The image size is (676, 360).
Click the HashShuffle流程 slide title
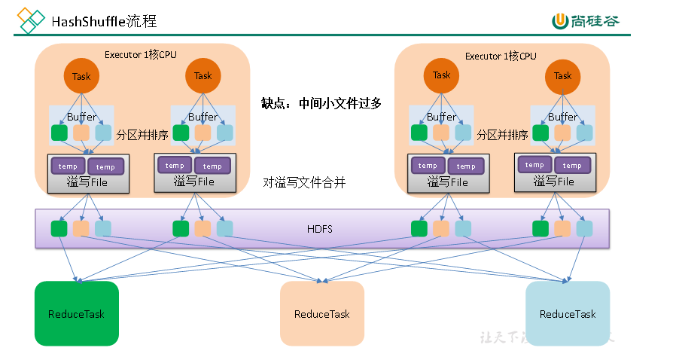pyautogui.click(x=104, y=21)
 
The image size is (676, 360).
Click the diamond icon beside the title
pyautogui.click(x=31, y=20)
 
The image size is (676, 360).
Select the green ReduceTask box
pyautogui.click(x=76, y=313)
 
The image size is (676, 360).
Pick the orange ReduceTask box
pyautogui.click(x=321, y=313)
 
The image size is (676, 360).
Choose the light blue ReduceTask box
pyautogui.click(x=567, y=313)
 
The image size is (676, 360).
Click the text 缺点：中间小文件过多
pyautogui.click(x=321, y=103)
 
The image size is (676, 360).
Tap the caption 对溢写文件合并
pyautogui.click(x=304, y=182)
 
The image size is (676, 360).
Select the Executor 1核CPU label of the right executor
pyautogui.click(x=501, y=56)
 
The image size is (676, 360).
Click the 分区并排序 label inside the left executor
pyautogui.click(x=142, y=136)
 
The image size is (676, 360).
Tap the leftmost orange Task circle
pyautogui.click(x=81, y=76)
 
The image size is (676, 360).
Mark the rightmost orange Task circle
pyautogui.click(x=562, y=75)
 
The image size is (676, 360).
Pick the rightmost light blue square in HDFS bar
pyautogui.click(x=584, y=228)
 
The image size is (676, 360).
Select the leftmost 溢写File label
pyautogui.click(x=88, y=182)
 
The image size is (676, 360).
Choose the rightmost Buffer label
pyautogui.click(x=562, y=117)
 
